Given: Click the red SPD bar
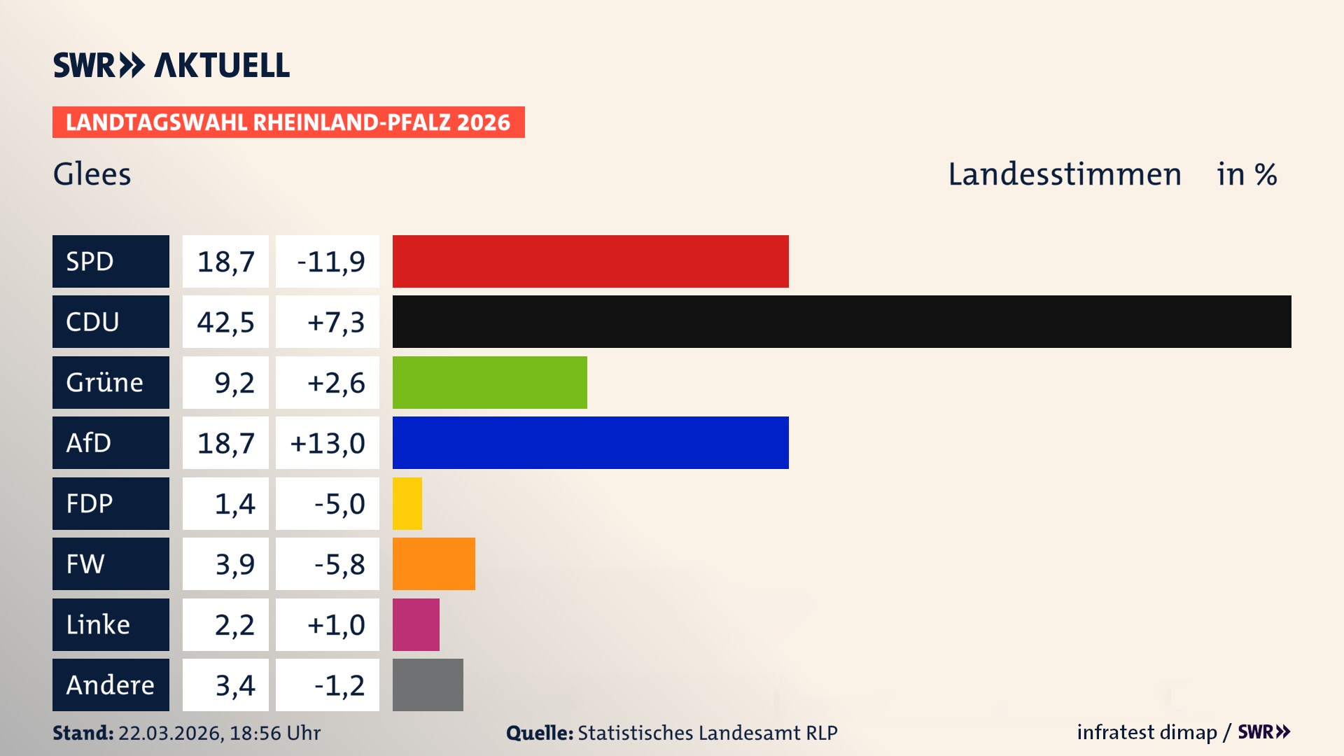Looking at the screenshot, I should pyautogui.click(x=590, y=261).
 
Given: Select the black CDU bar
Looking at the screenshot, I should pyautogui.click(x=841, y=321).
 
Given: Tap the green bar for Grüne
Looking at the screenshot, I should pyautogui.click(x=489, y=382).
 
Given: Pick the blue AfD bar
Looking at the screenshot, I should pyautogui.click(x=590, y=442).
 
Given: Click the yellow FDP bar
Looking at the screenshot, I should pyautogui.click(x=407, y=503).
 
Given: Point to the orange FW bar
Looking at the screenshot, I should pyautogui.click(x=433, y=563).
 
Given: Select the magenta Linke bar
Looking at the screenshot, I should pyautogui.click(x=416, y=624).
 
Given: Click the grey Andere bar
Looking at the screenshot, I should pyautogui.click(x=428, y=685).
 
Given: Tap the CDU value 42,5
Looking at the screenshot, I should pyautogui.click(x=225, y=322).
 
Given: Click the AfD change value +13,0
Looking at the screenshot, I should pyautogui.click(x=328, y=443).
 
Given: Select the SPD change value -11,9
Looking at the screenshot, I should pyautogui.click(x=330, y=262).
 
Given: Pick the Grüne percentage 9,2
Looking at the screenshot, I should pyautogui.click(x=234, y=383).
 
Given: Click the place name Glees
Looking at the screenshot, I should pyautogui.click(x=92, y=174).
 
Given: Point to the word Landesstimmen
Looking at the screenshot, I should pyautogui.click(x=1064, y=174).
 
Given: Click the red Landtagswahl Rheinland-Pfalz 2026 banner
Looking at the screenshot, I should pyautogui.click(x=288, y=122).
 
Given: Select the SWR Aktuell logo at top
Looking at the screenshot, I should pyautogui.click(x=171, y=65).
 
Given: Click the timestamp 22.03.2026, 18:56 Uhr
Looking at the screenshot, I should pyautogui.click(x=219, y=733).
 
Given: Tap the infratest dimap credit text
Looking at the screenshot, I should pyautogui.click(x=1147, y=732).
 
